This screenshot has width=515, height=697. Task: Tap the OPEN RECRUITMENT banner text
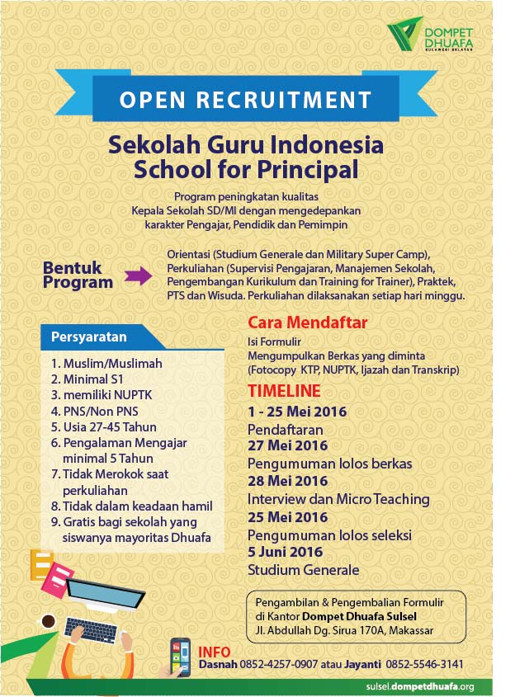245,100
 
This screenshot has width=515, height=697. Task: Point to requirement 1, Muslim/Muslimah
106,363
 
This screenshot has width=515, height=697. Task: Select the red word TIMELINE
285,390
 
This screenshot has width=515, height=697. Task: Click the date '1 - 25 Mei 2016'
297,412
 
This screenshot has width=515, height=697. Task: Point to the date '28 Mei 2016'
288,481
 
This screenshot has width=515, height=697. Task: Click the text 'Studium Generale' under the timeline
303,570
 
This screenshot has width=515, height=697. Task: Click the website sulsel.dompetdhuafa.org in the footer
419,686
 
